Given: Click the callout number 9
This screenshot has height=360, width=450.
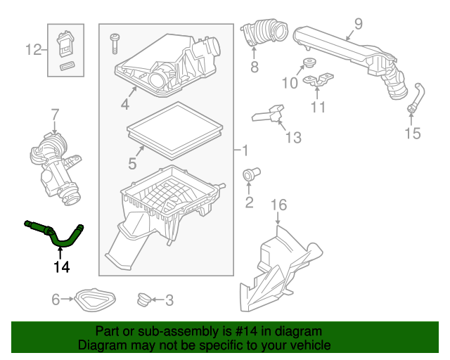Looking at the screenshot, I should pyautogui.click(x=358, y=25).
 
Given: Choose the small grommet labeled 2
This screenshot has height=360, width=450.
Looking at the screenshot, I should pyautogui.click(x=250, y=174).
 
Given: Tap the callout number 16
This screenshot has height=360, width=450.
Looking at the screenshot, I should pyautogui.click(x=279, y=205).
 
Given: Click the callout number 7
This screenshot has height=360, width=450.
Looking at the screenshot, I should pyautogui.click(x=54, y=114).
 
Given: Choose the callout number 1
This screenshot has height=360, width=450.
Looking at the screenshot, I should pyautogui.click(x=244, y=150).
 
